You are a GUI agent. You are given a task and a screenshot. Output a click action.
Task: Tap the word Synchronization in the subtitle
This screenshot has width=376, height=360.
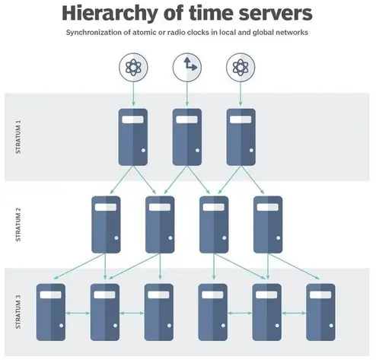click(94, 33)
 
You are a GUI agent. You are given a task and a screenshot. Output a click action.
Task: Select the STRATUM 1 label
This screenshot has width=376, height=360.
click(18, 137)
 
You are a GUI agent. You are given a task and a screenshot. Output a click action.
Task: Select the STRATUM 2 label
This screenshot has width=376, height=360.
click(18, 225)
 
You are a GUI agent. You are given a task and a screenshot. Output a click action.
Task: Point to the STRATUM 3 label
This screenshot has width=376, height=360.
click(18, 312)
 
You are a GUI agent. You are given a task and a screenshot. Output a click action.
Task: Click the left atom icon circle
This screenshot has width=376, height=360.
click(133, 67)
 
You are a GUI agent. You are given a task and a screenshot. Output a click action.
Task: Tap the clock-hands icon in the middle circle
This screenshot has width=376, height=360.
click(190, 64)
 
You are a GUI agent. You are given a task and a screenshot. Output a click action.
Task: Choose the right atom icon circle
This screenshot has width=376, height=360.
click(241, 67)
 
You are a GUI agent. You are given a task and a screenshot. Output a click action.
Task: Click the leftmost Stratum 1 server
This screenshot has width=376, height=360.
click(133, 137)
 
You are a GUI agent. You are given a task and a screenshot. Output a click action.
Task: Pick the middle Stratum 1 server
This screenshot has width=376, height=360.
click(187, 137)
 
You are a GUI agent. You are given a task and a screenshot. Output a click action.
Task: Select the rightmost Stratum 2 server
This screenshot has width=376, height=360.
click(268, 225)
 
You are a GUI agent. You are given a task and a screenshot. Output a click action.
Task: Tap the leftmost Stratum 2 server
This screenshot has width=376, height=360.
click(106, 225)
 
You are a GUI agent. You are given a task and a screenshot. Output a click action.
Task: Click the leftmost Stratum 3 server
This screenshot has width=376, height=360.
click(51, 312)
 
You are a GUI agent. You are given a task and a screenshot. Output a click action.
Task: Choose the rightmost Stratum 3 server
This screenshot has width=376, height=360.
click(320, 312)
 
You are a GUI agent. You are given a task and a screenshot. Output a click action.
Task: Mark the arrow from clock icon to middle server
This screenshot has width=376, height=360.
click(187, 94)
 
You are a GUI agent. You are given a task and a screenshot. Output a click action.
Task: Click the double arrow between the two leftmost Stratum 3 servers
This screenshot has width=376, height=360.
click(78, 314)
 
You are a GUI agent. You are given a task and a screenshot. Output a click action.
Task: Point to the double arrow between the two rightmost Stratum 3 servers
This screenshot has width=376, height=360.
click(294, 314)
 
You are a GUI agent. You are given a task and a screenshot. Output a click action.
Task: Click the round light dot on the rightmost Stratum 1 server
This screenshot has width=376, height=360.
click(251, 150)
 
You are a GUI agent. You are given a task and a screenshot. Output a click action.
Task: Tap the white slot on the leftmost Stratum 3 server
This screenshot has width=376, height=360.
click(51, 295)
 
